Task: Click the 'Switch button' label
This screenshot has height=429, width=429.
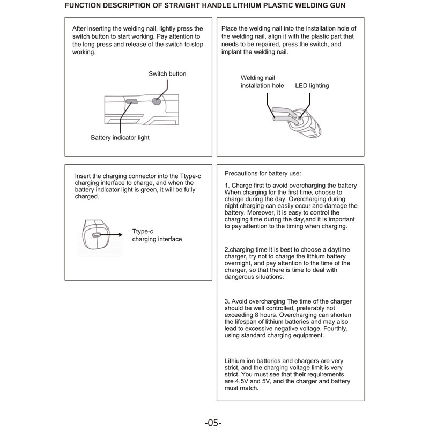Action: [x=167, y=73]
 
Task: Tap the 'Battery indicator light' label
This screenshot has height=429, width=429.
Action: [x=120, y=138]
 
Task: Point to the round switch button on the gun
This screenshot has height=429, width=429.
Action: [x=157, y=100]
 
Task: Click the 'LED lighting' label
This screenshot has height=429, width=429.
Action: [x=312, y=85]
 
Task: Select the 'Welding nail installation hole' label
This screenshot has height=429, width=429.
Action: [x=262, y=82]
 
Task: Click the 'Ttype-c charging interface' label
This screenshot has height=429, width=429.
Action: [x=157, y=235]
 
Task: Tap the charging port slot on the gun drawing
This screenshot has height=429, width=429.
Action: [x=97, y=235]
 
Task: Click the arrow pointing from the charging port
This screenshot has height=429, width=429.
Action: [x=113, y=235]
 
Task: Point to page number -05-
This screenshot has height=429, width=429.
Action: [x=213, y=422]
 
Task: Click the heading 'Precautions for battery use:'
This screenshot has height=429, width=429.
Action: [x=262, y=173]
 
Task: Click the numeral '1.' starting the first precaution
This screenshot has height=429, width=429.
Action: [x=227, y=185]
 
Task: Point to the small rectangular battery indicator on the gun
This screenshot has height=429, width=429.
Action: [x=131, y=101]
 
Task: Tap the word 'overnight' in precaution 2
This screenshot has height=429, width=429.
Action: [x=240, y=263]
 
